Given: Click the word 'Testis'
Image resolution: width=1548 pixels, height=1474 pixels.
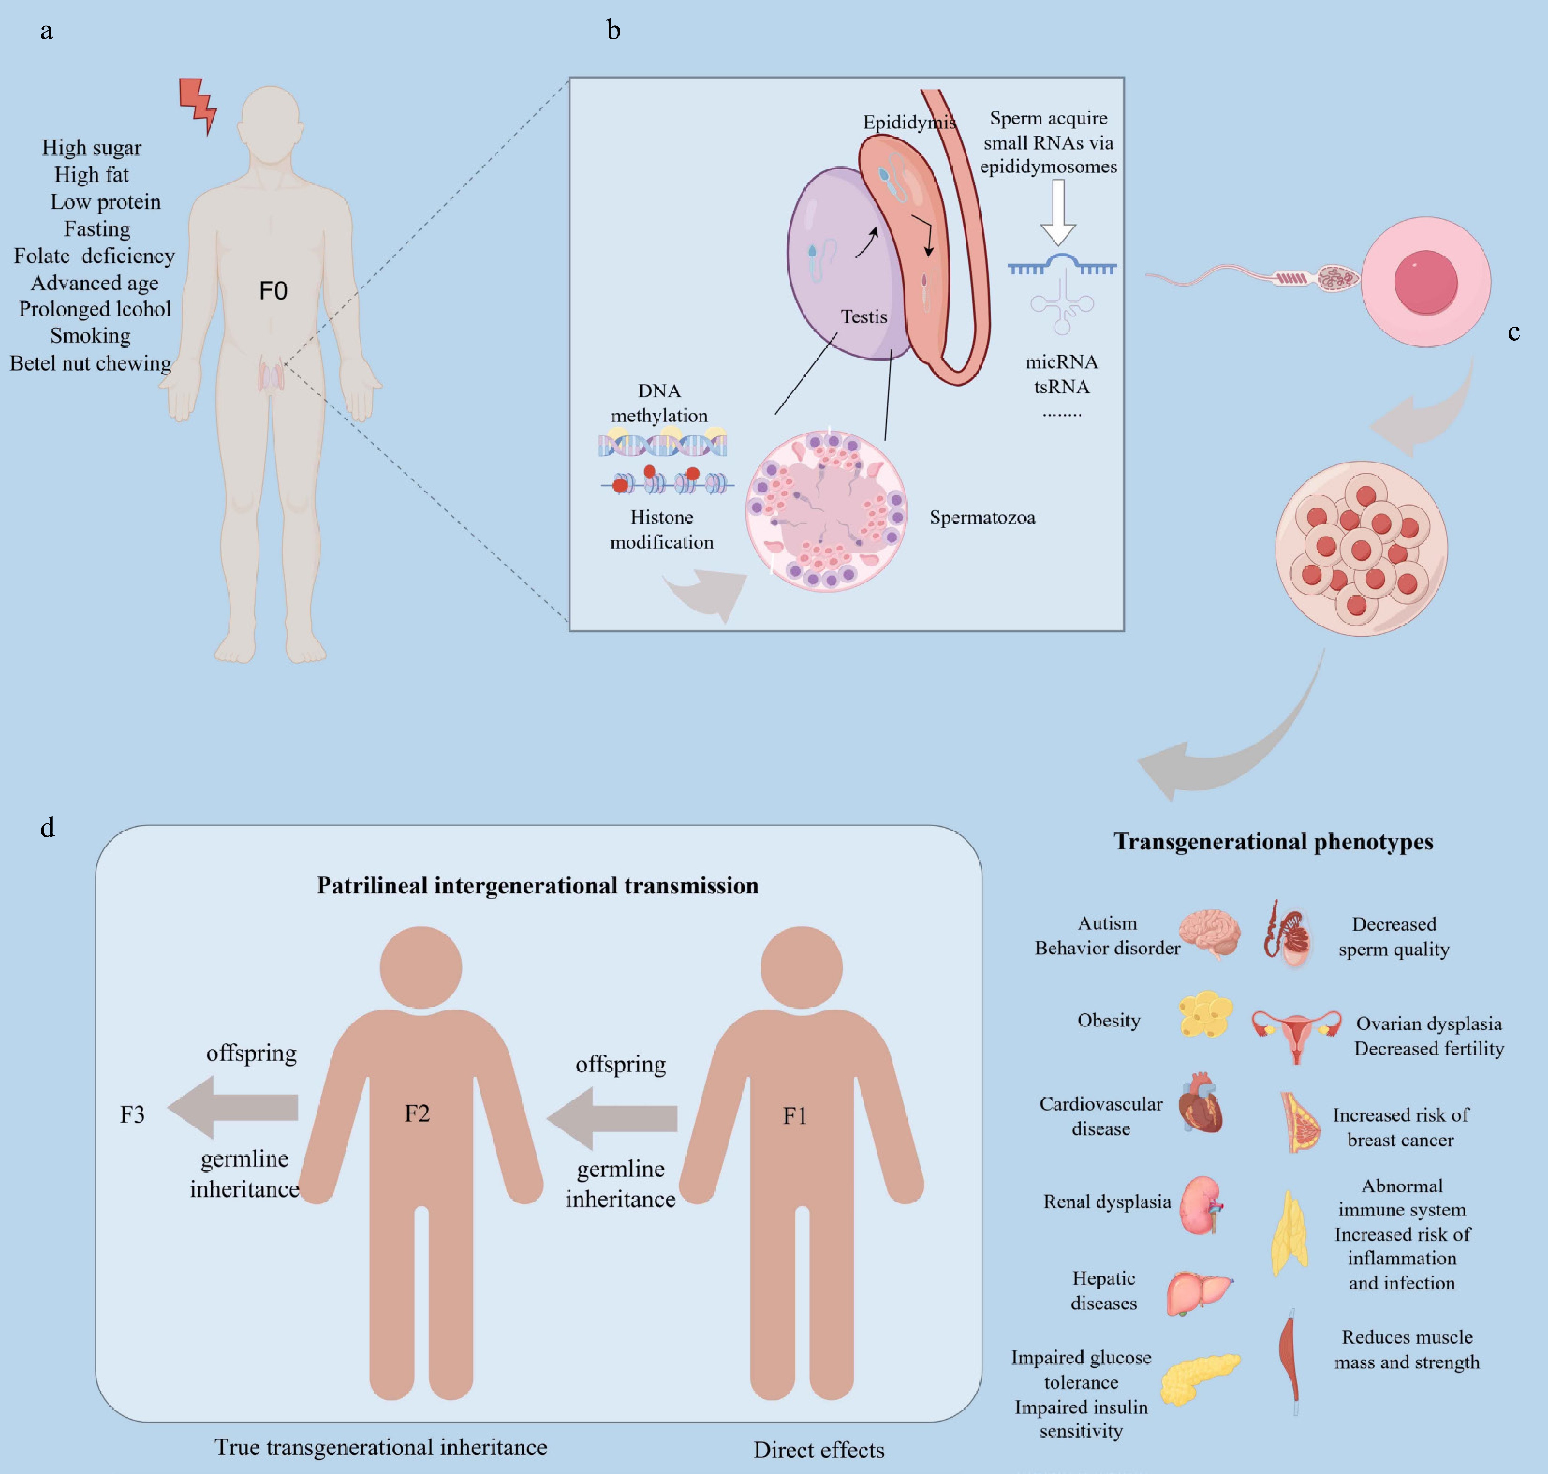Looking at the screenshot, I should pyautogui.click(x=864, y=317).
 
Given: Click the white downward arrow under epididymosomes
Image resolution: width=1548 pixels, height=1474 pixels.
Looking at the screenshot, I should pyautogui.click(x=1058, y=212).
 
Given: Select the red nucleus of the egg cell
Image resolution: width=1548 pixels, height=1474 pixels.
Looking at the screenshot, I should pyautogui.click(x=1425, y=282).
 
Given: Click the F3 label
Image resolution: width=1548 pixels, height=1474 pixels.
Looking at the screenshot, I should pyautogui.click(x=132, y=1114).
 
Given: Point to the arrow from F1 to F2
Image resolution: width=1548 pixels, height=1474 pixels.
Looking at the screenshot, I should pyautogui.click(x=613, y=1117).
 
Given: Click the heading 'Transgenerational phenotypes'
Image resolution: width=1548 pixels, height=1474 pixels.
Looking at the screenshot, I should pyautogui.click(x=1273, y=841).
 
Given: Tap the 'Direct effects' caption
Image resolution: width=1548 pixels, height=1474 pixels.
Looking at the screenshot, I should pyautogui.click(x=819, y=1450).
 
